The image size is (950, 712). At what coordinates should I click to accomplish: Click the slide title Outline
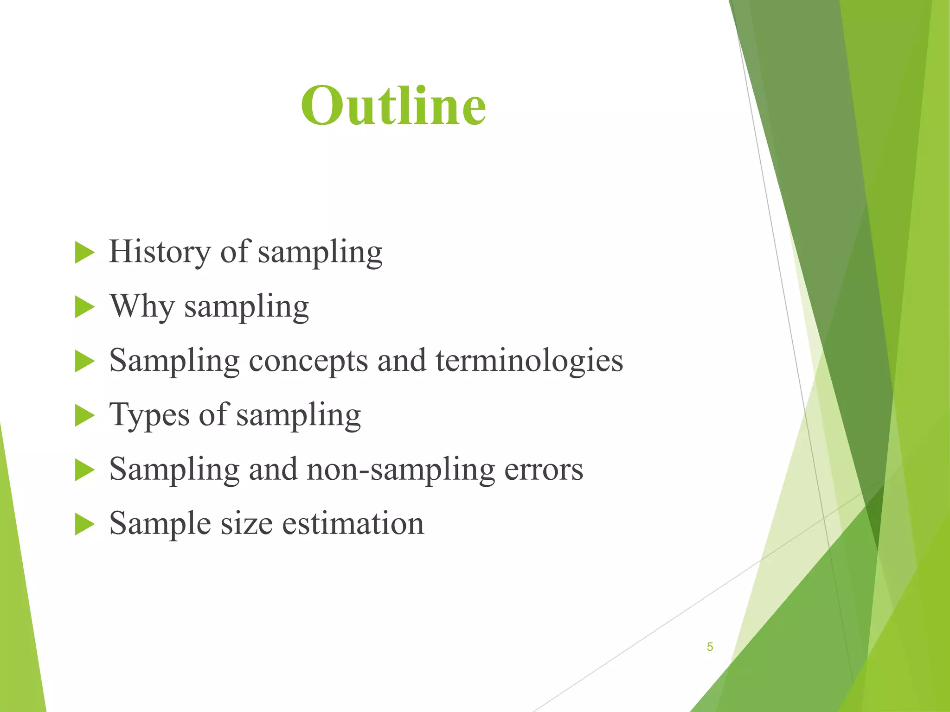pos(393,106)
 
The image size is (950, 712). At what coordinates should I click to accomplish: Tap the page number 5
pos(710,647)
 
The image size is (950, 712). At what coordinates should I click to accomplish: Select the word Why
pos(142,306)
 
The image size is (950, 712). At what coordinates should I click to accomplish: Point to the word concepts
pos(308,361)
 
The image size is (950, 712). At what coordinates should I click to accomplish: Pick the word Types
pos(149,415)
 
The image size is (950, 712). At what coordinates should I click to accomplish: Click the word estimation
pos(353,524)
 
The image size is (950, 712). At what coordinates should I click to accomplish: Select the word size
pos(246,524)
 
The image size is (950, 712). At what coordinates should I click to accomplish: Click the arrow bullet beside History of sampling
pos(84,253)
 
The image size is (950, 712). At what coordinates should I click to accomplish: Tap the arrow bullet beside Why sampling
pos(84,307)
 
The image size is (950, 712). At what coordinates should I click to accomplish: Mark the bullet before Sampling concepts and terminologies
pos(84,362)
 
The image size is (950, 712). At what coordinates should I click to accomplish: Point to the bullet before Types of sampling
pos(84,416)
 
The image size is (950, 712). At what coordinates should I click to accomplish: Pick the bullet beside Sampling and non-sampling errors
pos(84,470)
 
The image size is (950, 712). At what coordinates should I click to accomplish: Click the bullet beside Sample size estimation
pos(84,524)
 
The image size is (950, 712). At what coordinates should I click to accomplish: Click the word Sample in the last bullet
pos(160,524)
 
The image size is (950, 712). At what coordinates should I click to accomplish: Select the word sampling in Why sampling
pos(246,307)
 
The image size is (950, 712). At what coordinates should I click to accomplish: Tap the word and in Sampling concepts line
pos(402,361)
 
